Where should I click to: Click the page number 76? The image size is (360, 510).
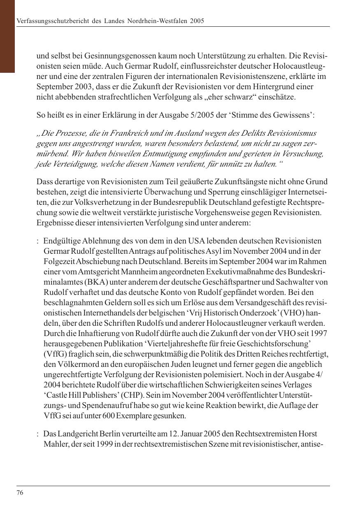(x=20, y=493)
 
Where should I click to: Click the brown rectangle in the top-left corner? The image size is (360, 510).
(x=7, y=36)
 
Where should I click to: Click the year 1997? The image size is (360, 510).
(x=319, y=333)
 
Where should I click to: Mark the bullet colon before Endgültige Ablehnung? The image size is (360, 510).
(x=37, y=241)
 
